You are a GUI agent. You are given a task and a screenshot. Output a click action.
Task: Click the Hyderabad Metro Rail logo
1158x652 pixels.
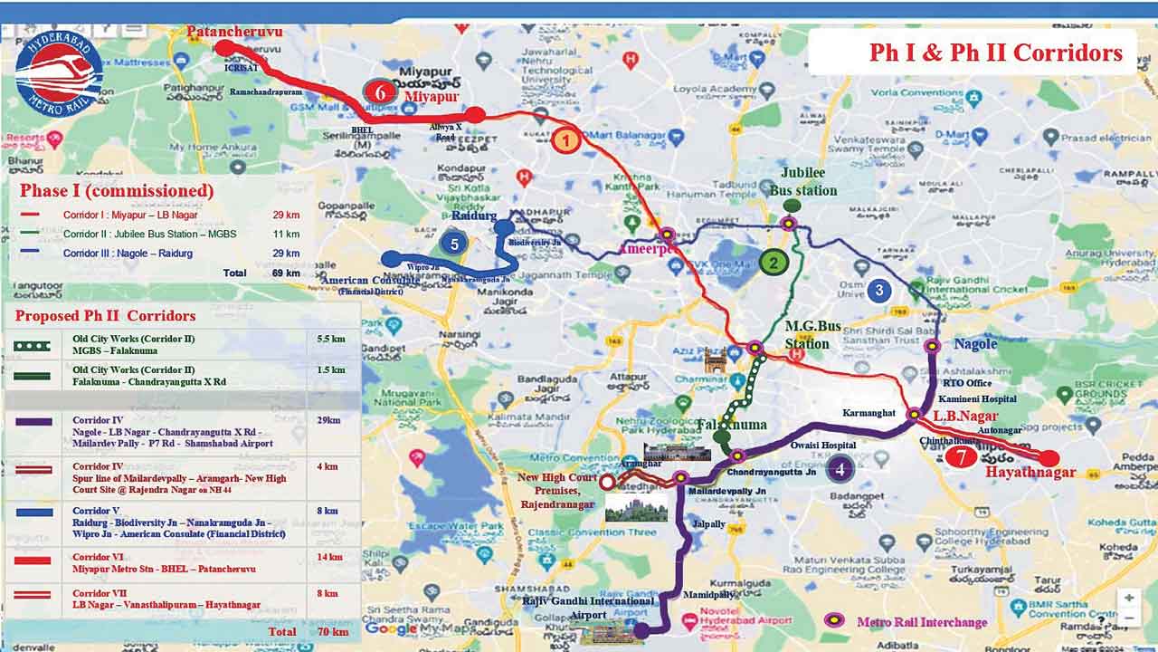pyautogui.click(x=60, y=72)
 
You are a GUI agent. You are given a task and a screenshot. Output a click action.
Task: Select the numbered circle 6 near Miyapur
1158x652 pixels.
pyautogui.click(x=380, y=91)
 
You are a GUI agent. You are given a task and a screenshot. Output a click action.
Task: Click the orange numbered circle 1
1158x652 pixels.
pyautogui.click(x=565, y=140)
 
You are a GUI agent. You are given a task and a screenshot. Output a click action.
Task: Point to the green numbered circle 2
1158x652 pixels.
pyautogui.click(x=774, y=263)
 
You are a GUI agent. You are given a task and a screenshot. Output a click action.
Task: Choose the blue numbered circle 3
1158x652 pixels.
pyautogui.click(x=878, y=291)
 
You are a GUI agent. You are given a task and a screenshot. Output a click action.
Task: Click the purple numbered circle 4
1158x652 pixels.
pyautogui.click(x=840, y=468)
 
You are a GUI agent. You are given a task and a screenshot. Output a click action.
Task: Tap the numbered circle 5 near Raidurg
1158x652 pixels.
pyautogui.click(x=454, y=243)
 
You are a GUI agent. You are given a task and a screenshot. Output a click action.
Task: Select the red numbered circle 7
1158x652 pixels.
pyautogui.click(x=961, y=457)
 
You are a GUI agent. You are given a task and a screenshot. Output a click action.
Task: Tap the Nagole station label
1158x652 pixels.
pyautogui.click(x=975, y=344)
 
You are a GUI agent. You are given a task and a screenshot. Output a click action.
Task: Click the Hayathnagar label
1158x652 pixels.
pyautogui.click(x=1030, y=473)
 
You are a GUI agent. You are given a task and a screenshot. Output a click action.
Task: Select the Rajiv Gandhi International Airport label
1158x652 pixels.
pyautogui.click(x=588, y=608)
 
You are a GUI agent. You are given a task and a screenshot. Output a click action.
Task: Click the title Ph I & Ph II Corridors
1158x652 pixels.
pyautogui.click(x=995, y=53)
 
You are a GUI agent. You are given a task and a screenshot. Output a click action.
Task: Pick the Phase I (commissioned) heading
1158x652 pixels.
pyautogui.click(x=117, y=191)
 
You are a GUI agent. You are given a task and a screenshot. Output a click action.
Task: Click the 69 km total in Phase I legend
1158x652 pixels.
pyautogui.click(x=286, y=273)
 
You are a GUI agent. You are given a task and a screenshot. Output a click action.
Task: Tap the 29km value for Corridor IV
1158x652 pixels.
pyautogui.click(x=330, y=420)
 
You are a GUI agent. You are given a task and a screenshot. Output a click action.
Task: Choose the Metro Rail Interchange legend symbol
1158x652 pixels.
pyautogui.click(x=835, y=620)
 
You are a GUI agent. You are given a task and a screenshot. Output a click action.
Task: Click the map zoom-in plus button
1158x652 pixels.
pyautogui.click(x=1128, y=598)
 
